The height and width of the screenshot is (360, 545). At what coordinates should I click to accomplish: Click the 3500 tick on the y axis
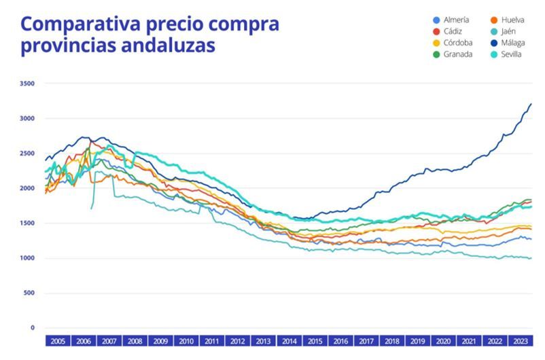tap(28, 84)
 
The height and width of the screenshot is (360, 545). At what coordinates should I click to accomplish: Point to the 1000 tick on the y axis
tap(28, 259)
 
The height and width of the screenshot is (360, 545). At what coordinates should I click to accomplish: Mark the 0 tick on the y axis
tap(32, 329)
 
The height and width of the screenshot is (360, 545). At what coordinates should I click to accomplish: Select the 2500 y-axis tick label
tap(28, 154)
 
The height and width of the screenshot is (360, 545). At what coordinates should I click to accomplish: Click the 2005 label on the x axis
tap(58, 341)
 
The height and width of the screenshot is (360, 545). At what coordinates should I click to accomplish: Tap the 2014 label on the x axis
tap(289, 341)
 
